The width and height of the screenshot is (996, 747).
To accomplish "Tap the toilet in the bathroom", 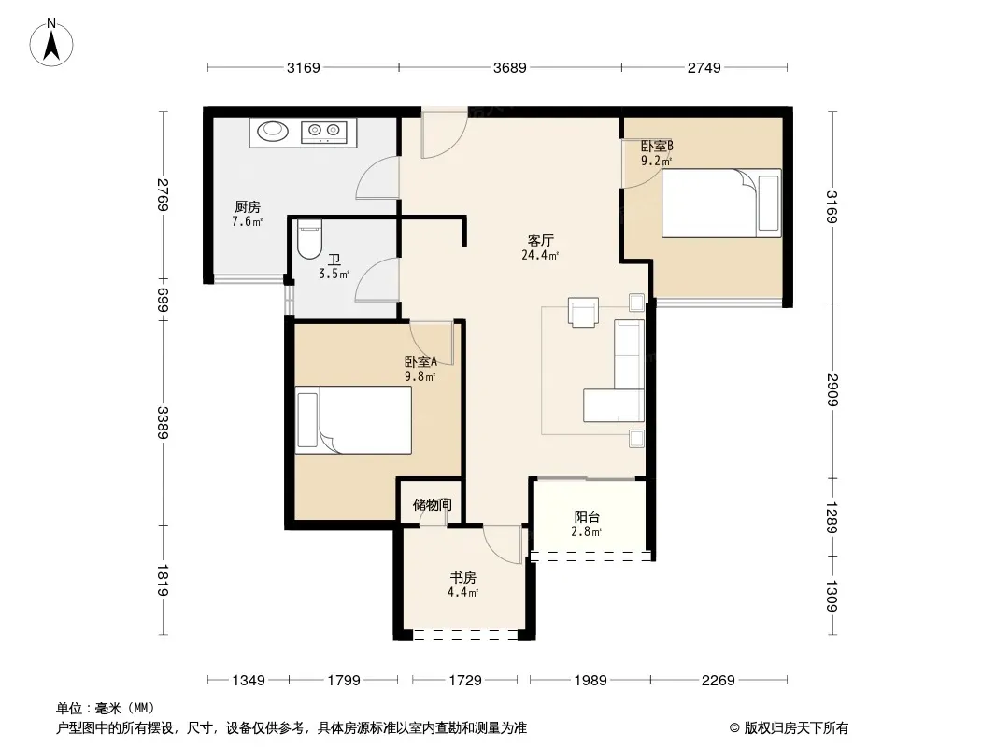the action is pos(310,239).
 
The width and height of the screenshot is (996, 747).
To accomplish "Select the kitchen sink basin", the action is pos(273,131).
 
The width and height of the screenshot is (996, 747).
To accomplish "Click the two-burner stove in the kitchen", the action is pos(324,131).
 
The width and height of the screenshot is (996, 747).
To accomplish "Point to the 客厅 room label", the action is pos(541,241).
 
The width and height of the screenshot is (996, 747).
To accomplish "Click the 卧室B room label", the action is pos(657,146).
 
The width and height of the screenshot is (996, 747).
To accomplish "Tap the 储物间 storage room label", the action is pos(432,504).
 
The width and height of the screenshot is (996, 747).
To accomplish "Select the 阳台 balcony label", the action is pos(587,517).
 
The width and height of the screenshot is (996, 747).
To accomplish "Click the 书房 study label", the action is pos(463,578).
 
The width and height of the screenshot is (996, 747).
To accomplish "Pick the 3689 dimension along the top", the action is pos(510,68).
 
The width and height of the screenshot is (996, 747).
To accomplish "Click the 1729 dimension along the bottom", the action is pos(465,681).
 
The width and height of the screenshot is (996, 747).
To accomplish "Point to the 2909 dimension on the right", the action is pos(832,389).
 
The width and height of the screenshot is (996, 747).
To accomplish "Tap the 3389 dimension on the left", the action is pos(164,423).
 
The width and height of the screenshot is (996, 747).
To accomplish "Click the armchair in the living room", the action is pos(583,312).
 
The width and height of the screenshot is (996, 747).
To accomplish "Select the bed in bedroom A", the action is pos(354,420).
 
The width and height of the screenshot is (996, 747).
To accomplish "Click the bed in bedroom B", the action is pos(721,204).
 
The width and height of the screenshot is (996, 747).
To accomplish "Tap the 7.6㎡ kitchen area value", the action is pos(247,222).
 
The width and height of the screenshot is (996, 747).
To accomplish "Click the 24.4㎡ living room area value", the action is pos(541,256).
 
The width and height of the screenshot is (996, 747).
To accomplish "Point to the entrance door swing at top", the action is pos(444,134).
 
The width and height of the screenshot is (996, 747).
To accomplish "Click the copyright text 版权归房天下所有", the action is pos(796,728).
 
